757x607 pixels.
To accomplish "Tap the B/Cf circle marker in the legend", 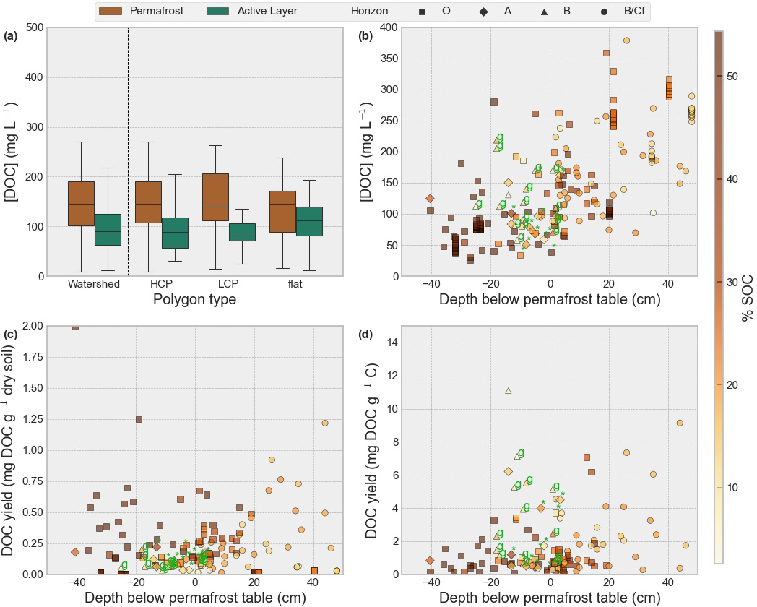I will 603,12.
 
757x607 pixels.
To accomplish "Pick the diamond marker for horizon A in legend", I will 483,12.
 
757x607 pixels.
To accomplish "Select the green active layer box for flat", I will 309,221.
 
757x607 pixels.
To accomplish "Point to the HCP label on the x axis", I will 161,284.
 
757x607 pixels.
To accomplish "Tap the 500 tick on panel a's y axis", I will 33,28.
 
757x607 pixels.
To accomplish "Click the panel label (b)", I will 365,35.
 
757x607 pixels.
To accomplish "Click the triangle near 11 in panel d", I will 509,391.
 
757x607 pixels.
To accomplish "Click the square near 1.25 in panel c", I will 139,419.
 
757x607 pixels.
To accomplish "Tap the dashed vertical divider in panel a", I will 128,152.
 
